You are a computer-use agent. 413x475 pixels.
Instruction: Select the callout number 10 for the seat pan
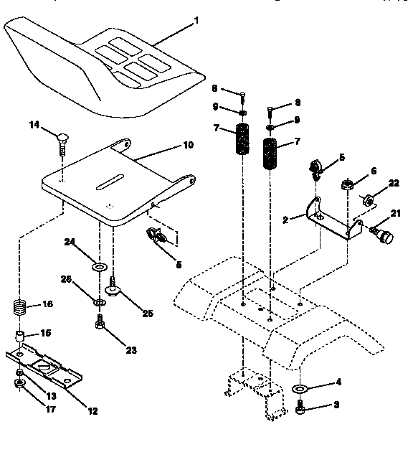point(188,144)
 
